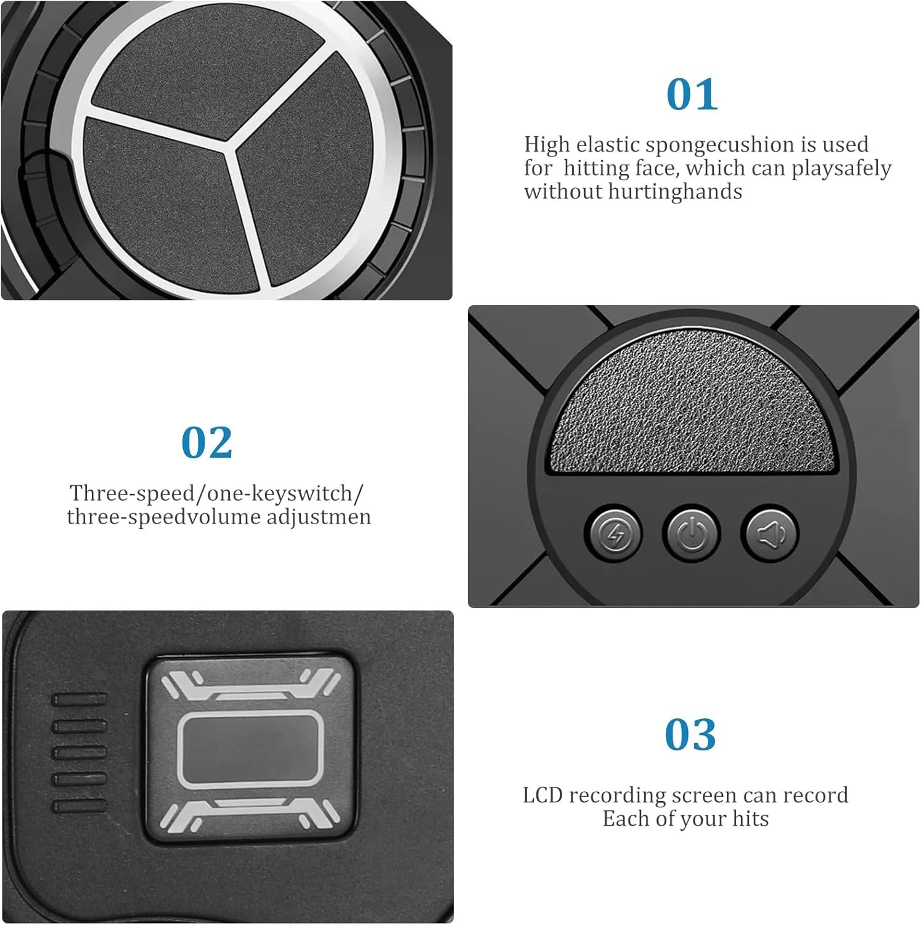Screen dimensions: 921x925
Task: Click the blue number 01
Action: [692, 94]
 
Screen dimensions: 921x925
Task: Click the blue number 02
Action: [207, 442]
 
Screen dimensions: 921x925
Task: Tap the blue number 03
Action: [690, 734]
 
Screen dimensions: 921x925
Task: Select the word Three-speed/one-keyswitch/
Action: [216, 493]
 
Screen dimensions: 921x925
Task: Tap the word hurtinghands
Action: [675, 192]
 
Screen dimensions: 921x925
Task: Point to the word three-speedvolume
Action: [163, 517]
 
